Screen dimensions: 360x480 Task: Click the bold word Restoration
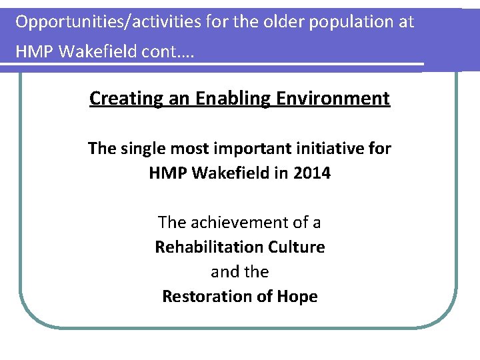point(209,297)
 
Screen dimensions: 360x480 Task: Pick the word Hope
point(297,297)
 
